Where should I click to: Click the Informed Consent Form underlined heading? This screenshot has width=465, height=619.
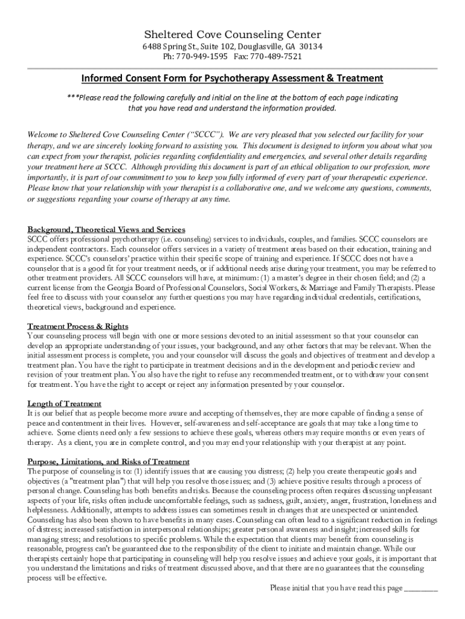point(232,78)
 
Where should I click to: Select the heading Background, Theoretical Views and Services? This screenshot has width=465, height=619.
point(106,230)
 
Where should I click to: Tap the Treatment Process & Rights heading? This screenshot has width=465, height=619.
point(77,326)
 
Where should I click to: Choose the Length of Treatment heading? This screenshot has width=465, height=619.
point(64,403)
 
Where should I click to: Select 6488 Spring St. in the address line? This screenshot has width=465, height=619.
point(164,47)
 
